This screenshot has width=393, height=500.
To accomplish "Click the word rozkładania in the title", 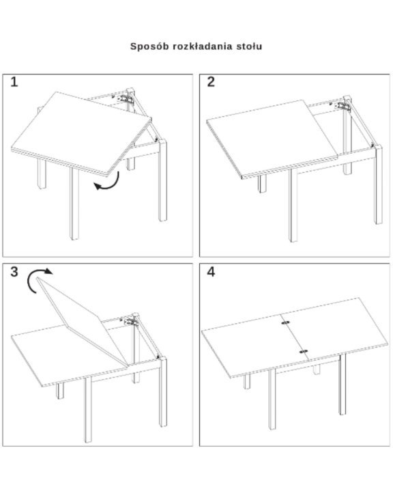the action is [203, 46].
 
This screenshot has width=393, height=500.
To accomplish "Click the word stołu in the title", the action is [249, 46].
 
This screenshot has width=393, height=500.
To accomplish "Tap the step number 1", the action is [14, 82].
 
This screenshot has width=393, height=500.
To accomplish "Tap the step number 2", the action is [211, 82].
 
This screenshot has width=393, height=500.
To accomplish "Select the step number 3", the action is [14, 272].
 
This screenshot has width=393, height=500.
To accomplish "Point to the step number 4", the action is [211, 272].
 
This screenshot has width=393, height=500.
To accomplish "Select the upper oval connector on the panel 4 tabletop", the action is [285, 322].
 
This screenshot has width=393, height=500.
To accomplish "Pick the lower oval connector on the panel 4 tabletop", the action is [304, 352].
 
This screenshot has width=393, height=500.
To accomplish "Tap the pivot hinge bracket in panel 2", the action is [343, 106].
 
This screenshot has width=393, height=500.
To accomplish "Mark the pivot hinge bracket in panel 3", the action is [130, 321].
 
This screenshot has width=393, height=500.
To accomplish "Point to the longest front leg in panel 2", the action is [293, 206].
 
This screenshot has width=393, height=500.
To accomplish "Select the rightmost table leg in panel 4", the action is [343, 384].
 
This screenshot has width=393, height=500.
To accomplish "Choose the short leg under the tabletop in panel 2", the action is [262, 184].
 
